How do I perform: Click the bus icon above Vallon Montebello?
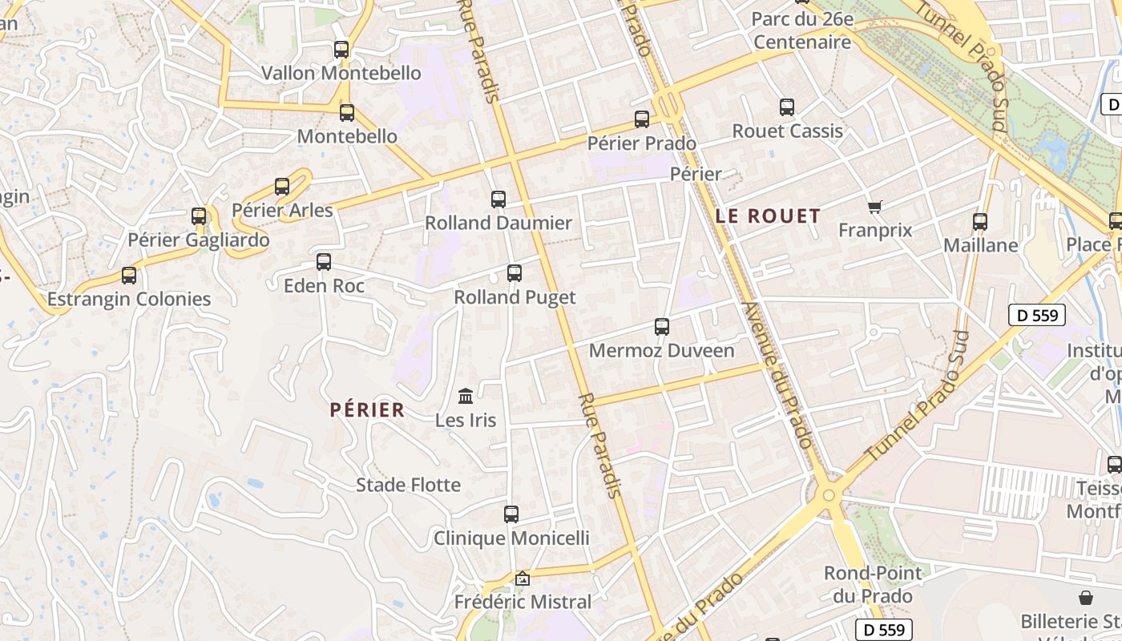click(x=341, y=50)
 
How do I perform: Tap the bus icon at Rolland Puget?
click(x=515, y=273)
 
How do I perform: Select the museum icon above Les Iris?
click(x=466, y=396)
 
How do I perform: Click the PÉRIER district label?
click(x=367, y=410)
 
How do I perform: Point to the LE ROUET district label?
click(x=768, y=216)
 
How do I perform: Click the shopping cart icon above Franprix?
click(x=874, y=207)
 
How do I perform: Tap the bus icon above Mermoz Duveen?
click(x=661, y=327)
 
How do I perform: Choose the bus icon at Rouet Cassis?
click(x=787, y=107)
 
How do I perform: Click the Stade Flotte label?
click(x=408, y=485)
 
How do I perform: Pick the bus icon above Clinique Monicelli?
click(x=511, y=514)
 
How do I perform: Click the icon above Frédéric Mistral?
click(x=523, y=578)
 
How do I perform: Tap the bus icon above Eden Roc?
click(x=324, y=262)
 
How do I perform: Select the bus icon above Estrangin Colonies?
click(x=129, y=276)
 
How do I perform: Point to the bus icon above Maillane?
click(x=980, y=222)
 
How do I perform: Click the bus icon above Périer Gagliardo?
click(x=199, y=216)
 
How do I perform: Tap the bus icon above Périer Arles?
click(x=282, y=187)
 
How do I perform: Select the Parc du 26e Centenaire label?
click(x=802, y=30)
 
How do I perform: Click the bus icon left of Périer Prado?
click(x=642, y=119)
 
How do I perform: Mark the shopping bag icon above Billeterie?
click(x=1086, y=598)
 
